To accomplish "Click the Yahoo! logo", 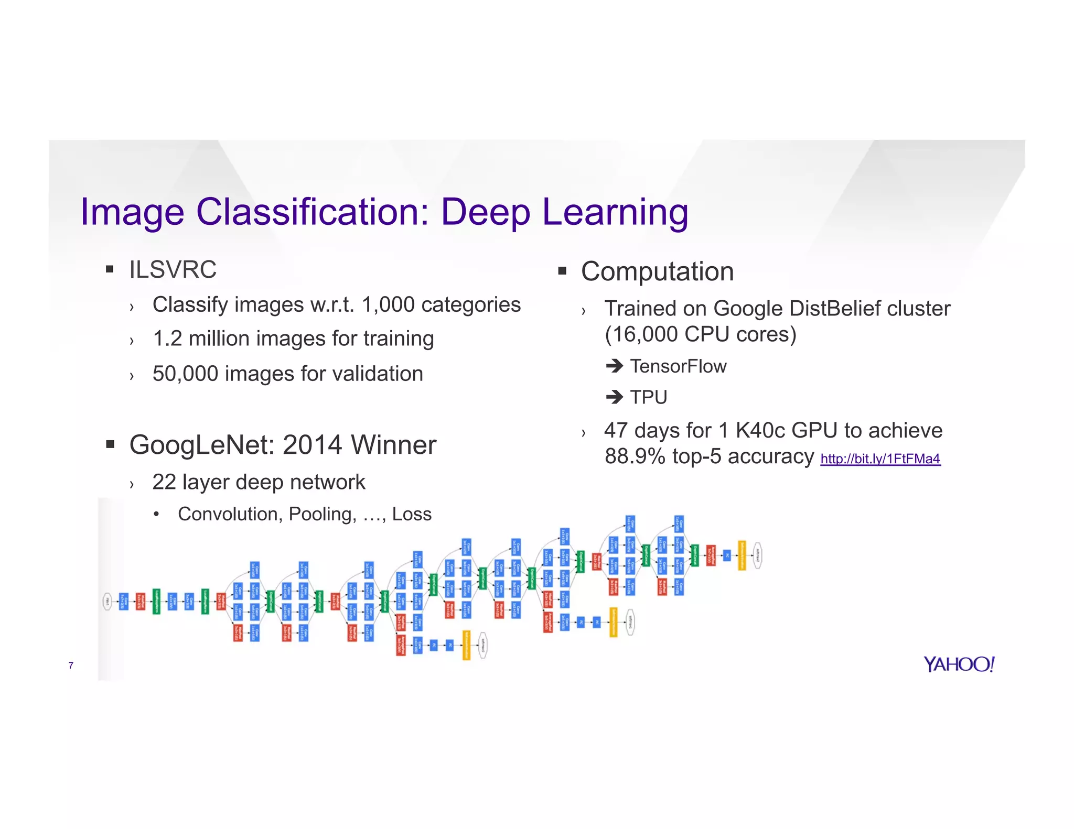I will pyautogui.click(x=959, y=664).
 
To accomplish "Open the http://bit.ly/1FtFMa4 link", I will pyautogui.click(x=880, y=459).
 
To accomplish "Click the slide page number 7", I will pyautogui.click(x=71, y=666).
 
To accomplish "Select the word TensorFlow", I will pyautogui.click(x=678, y=366).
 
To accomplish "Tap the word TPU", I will pyautogui.click(x=649, y=397).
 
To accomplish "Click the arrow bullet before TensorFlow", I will pyautogui.click(x=614, y=366).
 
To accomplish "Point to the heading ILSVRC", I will pyautogui.click(x=173, y=270).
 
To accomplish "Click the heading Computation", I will pyautogui.click(x=657, y=271).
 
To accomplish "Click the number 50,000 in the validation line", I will pyautogui.click(x=185, y=374).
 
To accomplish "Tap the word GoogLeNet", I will pyautogui.click(x=202, y=445).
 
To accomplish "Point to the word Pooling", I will pyautogui.click(x=321, y=514).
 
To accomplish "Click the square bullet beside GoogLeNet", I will pyautogui.click(x=110, y=445).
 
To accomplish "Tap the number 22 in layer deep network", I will pyautogui.click(x=164, y=482).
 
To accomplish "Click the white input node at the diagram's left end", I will pyautogui.click(x=107, y=602).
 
